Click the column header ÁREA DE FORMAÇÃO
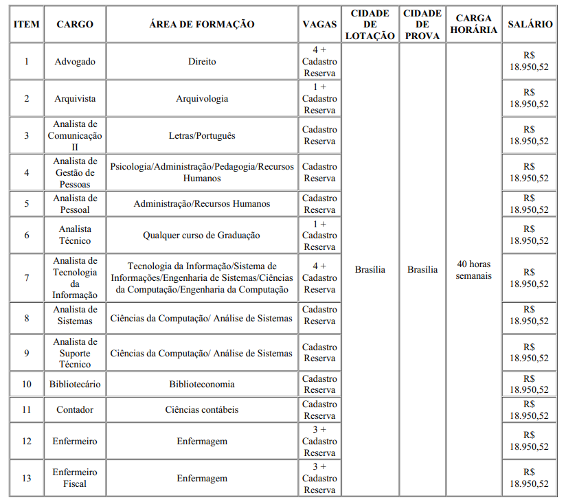pyautogui.click(x=201, y=24)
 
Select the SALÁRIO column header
pyautogui.click(x=530, y=24)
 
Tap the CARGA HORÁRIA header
pyautogui.click(x=473, y=24)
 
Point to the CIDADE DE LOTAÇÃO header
pyautogui.click(x=370, y=24)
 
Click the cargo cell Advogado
pyautogui.click(x=75, y=61)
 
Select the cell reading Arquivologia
pyautogui.click(x=202, y=98)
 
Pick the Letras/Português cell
pyautogui.click(x=202, y=135)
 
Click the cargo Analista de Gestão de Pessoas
pyautogui.click(x=75, y=172)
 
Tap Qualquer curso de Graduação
pyautogui.click(x=202, y=235)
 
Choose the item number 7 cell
pyautogui.click(x=27, y=277)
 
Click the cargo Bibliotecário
pyautogui.click(x=75, y=384)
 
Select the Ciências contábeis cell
pyautogui.click(x=202, y=409)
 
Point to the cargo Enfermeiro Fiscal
pyautogui.click(x=75, y=478)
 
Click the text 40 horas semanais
pyautogui.click(x=473, y=269)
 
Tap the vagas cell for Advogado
pyautogui.click(x=319, y=61)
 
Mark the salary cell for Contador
pyautogui.click(x=529, y=409)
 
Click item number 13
pyautogui.click(x=27, y=478)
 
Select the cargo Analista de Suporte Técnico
pyautogui.click(x=75, y=353)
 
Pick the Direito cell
pyautogui.click(x=202, y=61)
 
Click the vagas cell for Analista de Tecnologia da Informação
pyautogui.click(x=319, y=277)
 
